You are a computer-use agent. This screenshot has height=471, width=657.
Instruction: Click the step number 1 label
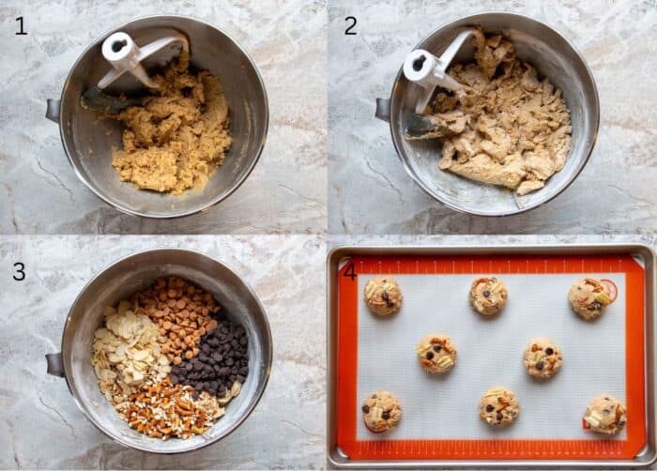click(x=21, y=26)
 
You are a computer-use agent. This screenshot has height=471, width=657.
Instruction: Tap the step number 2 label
click(x=350, y=26)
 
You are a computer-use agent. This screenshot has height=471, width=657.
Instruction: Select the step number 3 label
click(x=20, y=272)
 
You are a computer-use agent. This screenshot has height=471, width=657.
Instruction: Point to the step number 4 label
click(x=350, y=271)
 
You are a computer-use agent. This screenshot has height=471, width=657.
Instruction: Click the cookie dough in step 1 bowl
click(x=174, y=136)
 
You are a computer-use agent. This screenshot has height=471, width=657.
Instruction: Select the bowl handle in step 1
click(x=53, y=110)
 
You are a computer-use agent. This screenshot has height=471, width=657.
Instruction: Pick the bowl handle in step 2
click(x=383, y=108)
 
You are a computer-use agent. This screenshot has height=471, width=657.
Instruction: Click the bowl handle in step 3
click(x=53, y=364)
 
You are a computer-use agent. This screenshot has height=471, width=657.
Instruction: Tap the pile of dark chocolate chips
click(x=215, y=357)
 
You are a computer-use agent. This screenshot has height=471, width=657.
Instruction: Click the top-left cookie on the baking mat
click(x=383, y=296)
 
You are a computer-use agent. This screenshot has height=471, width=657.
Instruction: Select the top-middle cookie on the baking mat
click(x=488, y=296)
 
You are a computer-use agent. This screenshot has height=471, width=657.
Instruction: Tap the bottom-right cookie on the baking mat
click(x=604, y=414)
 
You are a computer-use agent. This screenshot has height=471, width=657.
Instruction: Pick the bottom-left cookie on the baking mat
click(x=382, y=411)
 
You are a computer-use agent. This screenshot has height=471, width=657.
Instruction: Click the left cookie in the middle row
click(x=436, y=354)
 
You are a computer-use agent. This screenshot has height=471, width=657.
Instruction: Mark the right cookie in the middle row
click(x=543, y=357)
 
